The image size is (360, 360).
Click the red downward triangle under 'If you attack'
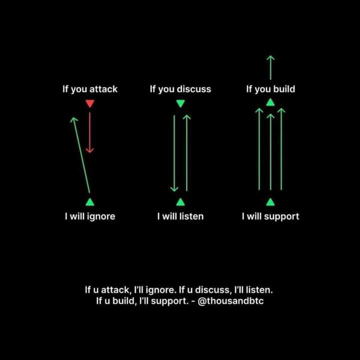89,104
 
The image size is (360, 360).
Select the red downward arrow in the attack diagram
89,132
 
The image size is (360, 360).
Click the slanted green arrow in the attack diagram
81,155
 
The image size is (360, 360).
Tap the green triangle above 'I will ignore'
89,202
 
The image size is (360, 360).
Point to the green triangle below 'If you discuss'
180,104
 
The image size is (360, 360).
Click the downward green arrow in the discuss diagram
174,152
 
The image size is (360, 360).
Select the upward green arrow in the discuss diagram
187,152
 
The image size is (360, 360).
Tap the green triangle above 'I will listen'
180,202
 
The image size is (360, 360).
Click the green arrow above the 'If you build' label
270,67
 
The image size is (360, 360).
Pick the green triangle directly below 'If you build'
270,102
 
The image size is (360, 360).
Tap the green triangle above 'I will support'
270,202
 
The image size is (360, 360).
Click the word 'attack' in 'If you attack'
103,89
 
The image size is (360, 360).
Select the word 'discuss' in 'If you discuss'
194,89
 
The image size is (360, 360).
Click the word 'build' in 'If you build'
283,89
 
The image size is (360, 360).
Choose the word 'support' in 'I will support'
281,217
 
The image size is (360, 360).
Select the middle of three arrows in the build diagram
270,152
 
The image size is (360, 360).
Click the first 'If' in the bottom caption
88,290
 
